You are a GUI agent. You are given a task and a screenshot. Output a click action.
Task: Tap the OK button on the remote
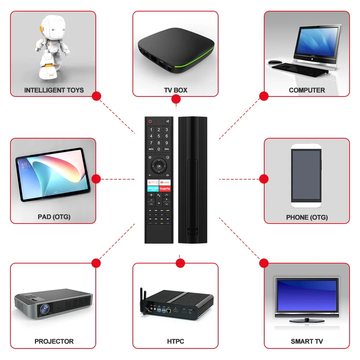[159, 166]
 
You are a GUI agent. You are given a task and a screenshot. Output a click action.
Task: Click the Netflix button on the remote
[152, 183]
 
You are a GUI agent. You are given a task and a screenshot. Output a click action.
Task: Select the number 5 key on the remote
[159, 136]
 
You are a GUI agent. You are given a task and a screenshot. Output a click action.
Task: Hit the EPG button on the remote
[167, 149]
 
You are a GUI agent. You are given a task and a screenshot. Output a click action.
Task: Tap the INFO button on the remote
[151, 149]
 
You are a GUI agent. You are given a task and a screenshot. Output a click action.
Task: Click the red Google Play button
[165, 188]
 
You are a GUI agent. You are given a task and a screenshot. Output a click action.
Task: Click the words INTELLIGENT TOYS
[54, 90]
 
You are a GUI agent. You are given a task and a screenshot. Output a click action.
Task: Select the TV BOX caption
[176, 90]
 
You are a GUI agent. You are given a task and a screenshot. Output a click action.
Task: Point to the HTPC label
[176, 341]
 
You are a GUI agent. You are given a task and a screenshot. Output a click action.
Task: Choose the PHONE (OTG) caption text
[307, 217]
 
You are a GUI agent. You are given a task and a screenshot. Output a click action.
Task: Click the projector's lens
[44, 309]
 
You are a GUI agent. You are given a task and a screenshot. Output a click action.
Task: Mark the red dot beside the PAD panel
[96, 179]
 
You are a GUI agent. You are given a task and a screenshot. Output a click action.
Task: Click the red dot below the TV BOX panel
[176, 100]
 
